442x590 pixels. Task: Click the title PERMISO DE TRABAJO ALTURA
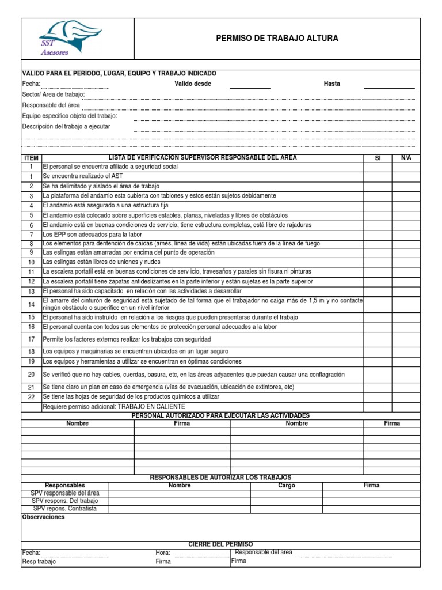(x=277, y=39)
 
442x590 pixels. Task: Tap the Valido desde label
(x=193, y=84)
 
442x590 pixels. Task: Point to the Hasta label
(x=331, y=84)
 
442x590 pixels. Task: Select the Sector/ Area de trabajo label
(x=53, y=94)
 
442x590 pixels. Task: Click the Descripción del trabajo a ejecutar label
(x=66, y=126)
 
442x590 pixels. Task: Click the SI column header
(x=378, y=158)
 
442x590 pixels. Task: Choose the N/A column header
(x=406, y=158)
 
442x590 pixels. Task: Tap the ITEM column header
(x=31, y=158)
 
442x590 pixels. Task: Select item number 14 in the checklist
(x=31, y=304)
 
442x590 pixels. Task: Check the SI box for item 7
(x=378, y=235)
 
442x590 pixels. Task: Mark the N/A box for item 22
(x=406, y=397)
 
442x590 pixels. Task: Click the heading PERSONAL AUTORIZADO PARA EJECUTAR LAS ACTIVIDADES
(x=220, y=415)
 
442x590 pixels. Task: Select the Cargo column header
(x=286, y=486)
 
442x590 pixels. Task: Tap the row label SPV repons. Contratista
(x=65, y=509)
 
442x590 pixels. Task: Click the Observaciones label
(x=43, y=517)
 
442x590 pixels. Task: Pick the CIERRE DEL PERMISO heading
(x=220, y=544)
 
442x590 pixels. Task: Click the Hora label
(x=163, y=553)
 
